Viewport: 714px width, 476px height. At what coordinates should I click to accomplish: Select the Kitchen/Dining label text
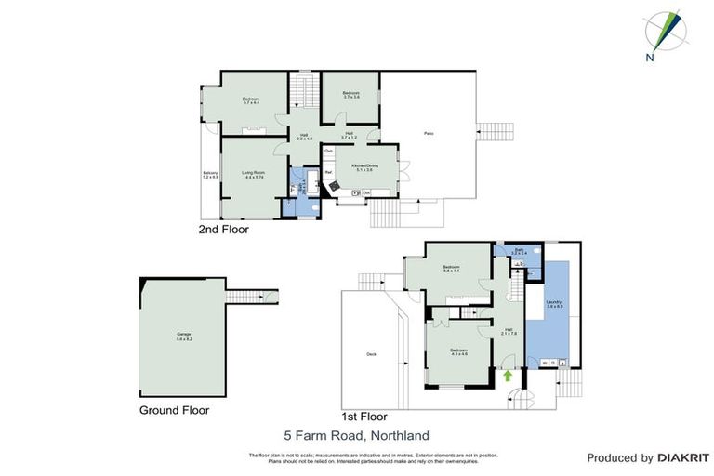pos(362,167)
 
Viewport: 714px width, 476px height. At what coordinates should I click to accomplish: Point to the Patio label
pos(430,133)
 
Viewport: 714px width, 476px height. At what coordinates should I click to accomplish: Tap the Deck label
pos(371,354)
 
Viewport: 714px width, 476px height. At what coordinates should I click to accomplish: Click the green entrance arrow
pos(508,377)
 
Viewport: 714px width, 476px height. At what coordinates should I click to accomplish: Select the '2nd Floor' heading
pos(223,229)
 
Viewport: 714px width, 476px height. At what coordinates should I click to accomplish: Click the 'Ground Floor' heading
pos(174,410)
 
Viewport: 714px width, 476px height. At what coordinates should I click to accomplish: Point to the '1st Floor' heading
pos(364,416)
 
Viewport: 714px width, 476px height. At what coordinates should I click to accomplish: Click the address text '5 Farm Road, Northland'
pos(356,434)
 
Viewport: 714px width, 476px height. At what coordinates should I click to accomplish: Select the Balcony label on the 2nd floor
pos(210,175)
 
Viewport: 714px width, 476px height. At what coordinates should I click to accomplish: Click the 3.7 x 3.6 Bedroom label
pos(350,94)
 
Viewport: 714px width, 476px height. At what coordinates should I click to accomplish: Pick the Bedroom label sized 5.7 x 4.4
pos(252,100)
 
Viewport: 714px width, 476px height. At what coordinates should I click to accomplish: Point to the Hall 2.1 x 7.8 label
pos(509,331)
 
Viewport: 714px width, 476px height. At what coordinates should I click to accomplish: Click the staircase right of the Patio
pos(494,131)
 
